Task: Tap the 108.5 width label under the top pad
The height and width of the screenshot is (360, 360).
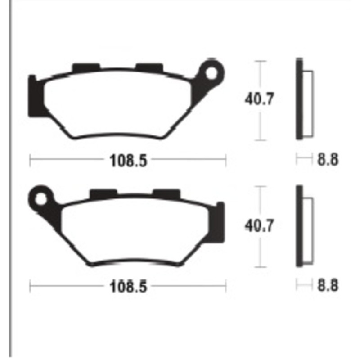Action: pos(128,160)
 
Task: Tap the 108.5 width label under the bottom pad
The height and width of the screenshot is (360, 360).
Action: pos(128,286)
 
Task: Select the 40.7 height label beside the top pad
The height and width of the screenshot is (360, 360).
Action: pos(259,99)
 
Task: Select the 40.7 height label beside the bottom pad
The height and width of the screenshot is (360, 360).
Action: pos(259,225)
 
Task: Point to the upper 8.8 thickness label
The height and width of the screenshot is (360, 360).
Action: pos(328,160)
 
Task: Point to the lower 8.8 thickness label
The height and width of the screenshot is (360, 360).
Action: pos(328,285)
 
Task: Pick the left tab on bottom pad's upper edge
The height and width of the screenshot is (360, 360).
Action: pos(103,193)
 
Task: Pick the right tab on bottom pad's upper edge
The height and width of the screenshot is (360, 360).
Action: pos(166,193)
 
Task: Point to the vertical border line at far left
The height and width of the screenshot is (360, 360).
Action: pos(10,180)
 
